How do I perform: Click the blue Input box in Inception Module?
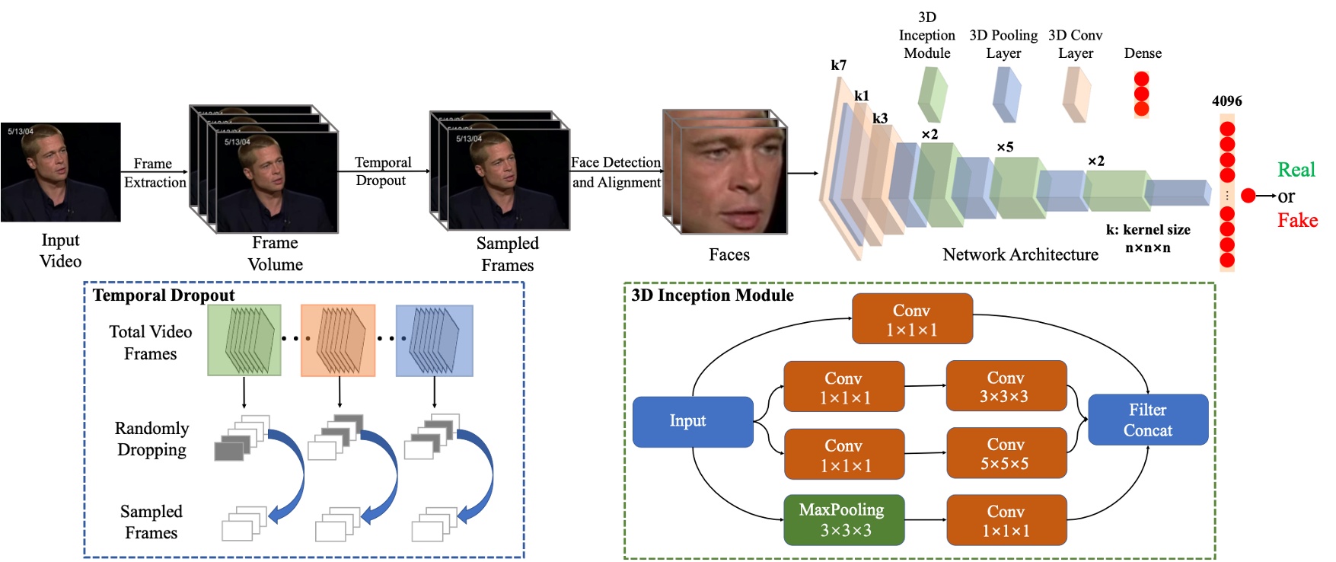(692, 421)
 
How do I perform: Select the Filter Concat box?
(1147, 420)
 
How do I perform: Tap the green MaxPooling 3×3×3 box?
(843, 520)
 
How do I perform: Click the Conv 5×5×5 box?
(1006, 454)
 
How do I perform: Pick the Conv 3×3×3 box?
(1006, 387)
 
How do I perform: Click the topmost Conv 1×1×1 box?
(911, 319)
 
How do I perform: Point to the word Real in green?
(1296, 170)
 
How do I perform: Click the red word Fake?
(1296, 221)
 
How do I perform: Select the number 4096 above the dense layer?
(1226, 101)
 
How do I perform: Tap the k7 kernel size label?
(838, 65)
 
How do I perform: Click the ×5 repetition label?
(1005, 147)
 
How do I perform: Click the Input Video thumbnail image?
(60, 172)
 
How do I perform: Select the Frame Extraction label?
(155, 173)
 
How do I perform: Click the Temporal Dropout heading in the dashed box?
(163, 295)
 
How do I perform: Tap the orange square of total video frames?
(338, 340)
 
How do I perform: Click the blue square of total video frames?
(434, 340)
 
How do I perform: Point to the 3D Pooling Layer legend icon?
(1006, 95)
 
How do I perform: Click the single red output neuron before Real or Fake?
(1248, 196)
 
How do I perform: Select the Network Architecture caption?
(1019, 255)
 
